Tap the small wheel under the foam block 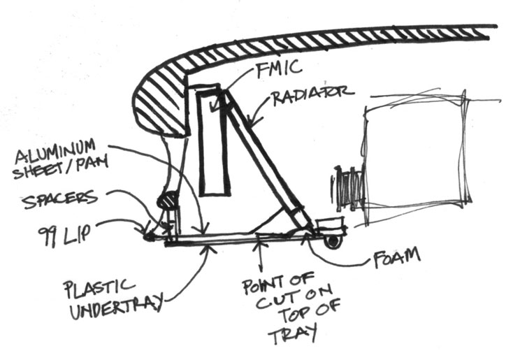click(332, 241)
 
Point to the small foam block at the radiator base click(329, 225)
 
